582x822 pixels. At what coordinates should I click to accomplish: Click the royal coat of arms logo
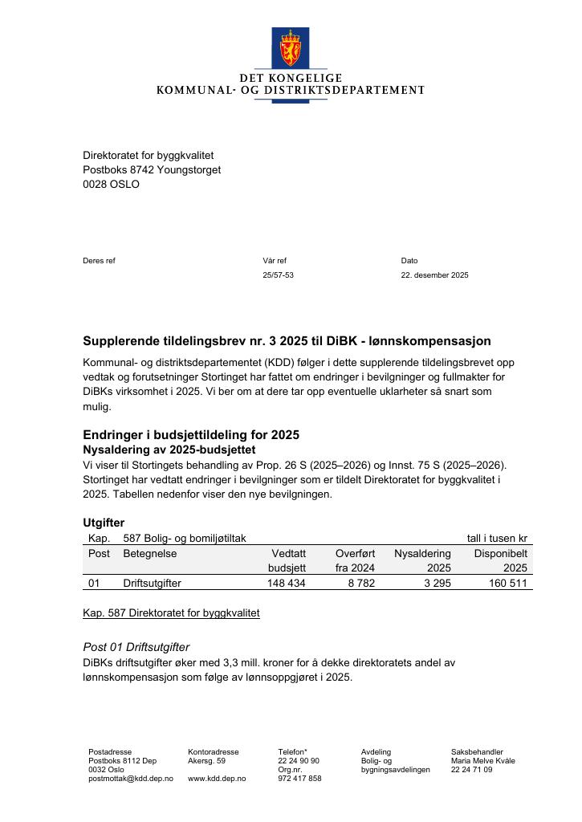290,47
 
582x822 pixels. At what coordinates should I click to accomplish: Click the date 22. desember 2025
434,275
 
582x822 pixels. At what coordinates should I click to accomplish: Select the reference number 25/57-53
278,275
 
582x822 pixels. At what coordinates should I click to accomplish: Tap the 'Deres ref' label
99,261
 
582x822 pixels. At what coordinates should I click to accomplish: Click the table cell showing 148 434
286,584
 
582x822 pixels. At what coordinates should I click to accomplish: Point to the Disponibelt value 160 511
508,584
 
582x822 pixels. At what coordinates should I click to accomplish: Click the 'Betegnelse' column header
149,554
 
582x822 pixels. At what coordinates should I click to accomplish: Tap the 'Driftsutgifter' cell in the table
152,584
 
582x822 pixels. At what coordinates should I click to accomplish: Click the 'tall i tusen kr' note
497,539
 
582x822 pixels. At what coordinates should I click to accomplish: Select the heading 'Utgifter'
104,523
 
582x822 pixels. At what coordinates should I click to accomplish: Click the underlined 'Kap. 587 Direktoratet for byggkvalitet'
171,613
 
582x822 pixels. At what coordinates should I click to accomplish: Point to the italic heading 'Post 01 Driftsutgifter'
136,648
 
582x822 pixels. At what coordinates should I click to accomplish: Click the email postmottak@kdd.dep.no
130,779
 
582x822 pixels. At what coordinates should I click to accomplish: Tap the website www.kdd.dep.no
217,779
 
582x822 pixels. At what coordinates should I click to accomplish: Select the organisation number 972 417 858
299,779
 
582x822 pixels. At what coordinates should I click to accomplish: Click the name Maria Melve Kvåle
482,761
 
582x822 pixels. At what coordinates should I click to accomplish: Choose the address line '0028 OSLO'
111,185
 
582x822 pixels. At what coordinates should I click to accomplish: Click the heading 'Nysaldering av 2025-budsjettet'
169,450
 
